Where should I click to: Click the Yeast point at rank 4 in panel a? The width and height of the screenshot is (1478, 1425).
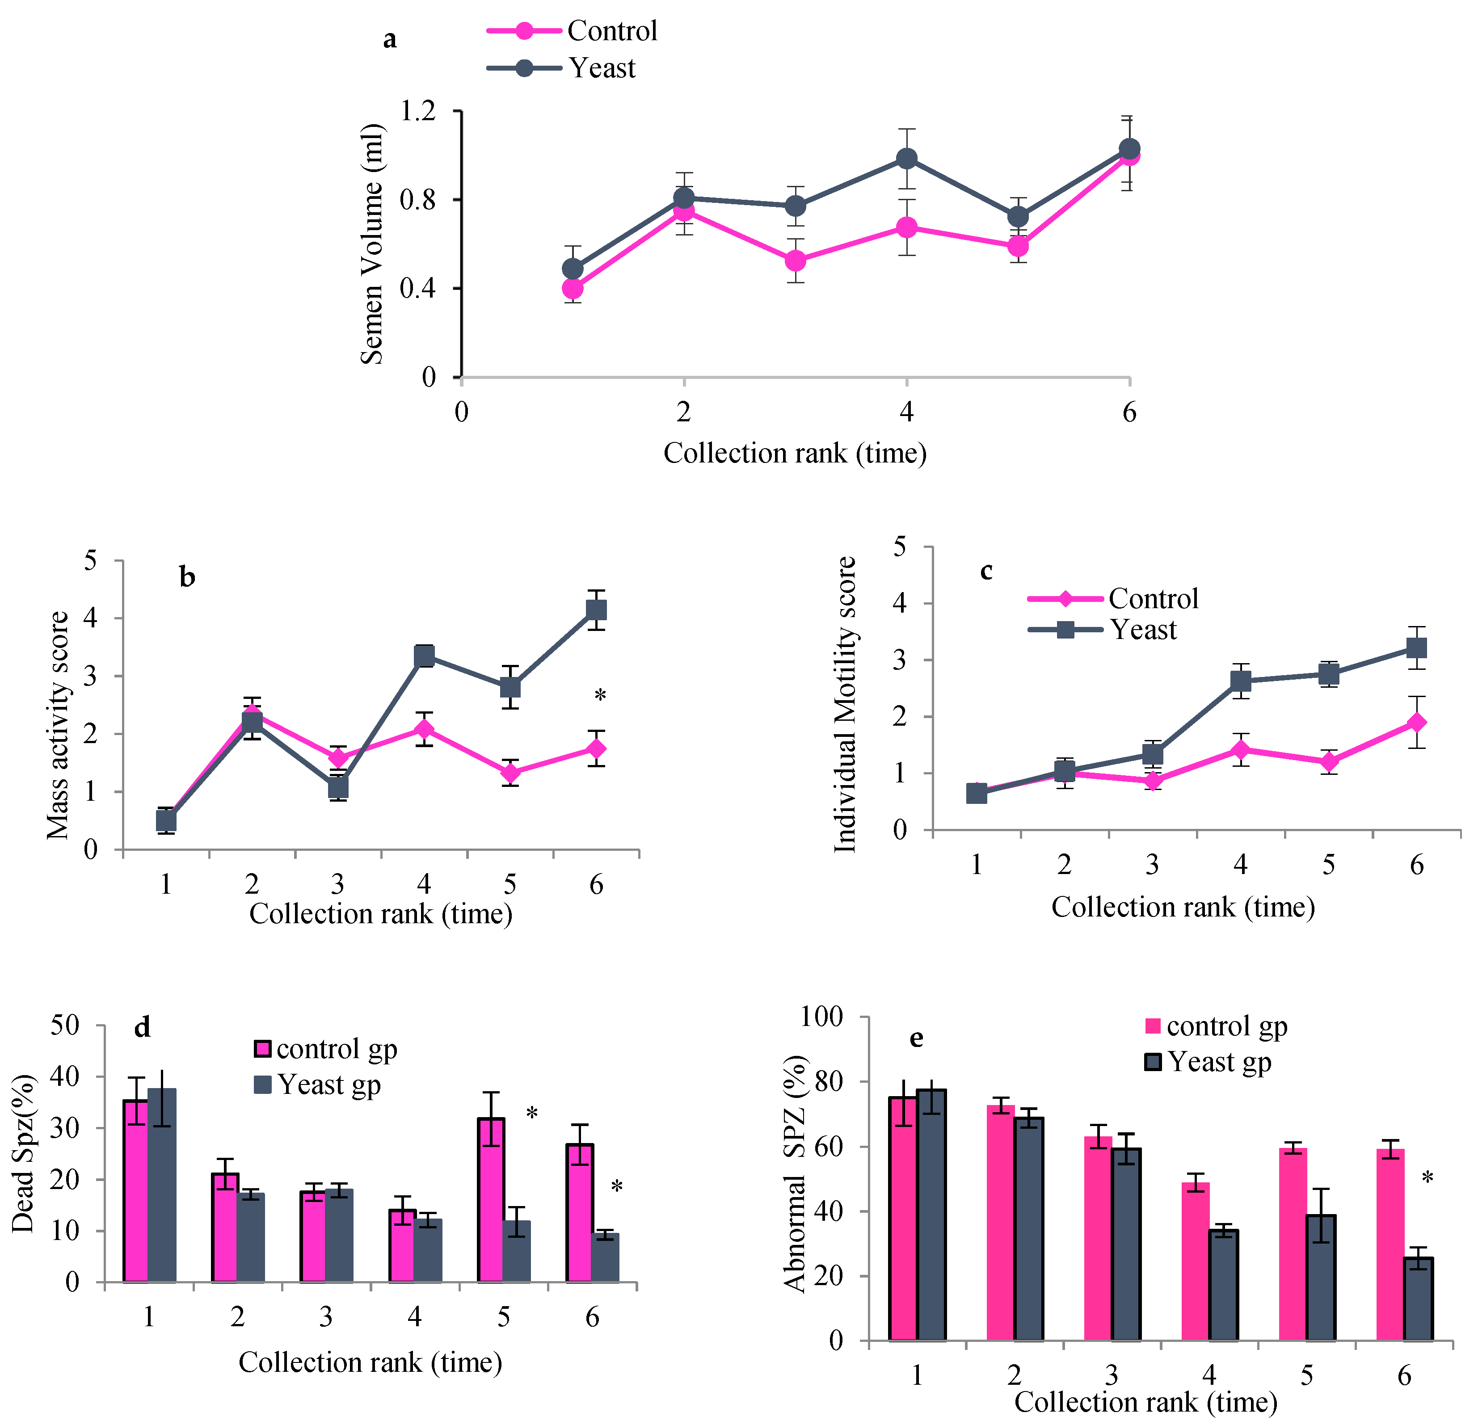(906, 158)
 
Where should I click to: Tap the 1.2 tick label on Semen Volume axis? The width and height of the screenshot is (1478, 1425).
(418, 112)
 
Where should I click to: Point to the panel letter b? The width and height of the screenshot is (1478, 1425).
(187, 577)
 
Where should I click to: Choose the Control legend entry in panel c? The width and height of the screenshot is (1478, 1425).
(1113, 599)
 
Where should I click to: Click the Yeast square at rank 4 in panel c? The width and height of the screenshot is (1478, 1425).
(1241, 681)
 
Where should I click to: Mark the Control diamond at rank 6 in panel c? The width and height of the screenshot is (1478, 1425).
(1417, 722)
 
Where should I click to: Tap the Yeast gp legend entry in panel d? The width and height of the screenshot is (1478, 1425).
(317, 1085)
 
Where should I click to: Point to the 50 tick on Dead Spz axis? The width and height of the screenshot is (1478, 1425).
(65, 1026)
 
